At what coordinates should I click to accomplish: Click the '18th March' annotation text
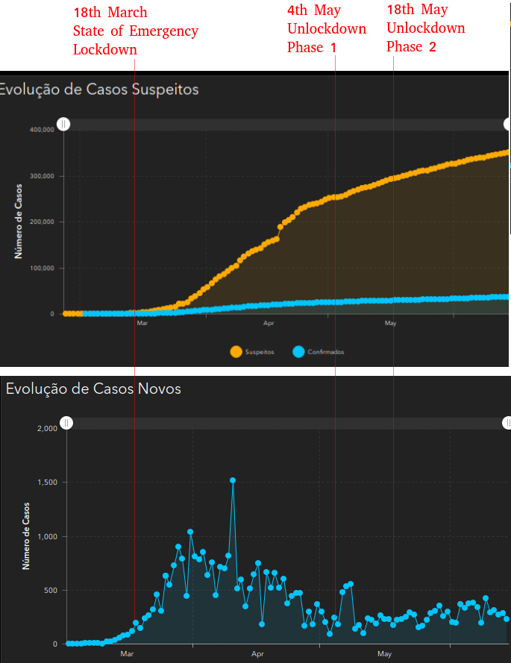110,13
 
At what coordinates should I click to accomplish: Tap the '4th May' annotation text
314,11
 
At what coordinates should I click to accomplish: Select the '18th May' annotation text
417,10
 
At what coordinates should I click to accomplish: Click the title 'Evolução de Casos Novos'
93,389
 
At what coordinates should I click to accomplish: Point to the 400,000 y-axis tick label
42,129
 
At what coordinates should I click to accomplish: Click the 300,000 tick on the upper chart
42,176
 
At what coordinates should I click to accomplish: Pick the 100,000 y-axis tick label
42,268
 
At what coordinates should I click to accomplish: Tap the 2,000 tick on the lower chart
47,429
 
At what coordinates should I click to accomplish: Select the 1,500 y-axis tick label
47,483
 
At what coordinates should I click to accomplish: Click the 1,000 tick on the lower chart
47,536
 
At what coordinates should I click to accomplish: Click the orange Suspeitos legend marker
236,352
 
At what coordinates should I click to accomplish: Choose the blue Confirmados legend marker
298,352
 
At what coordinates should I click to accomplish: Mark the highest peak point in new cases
233,480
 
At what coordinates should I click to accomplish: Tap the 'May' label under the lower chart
384,654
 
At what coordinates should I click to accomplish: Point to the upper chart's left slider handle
64,124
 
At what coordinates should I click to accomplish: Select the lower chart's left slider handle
66,423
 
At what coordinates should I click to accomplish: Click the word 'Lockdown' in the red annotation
104,50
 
